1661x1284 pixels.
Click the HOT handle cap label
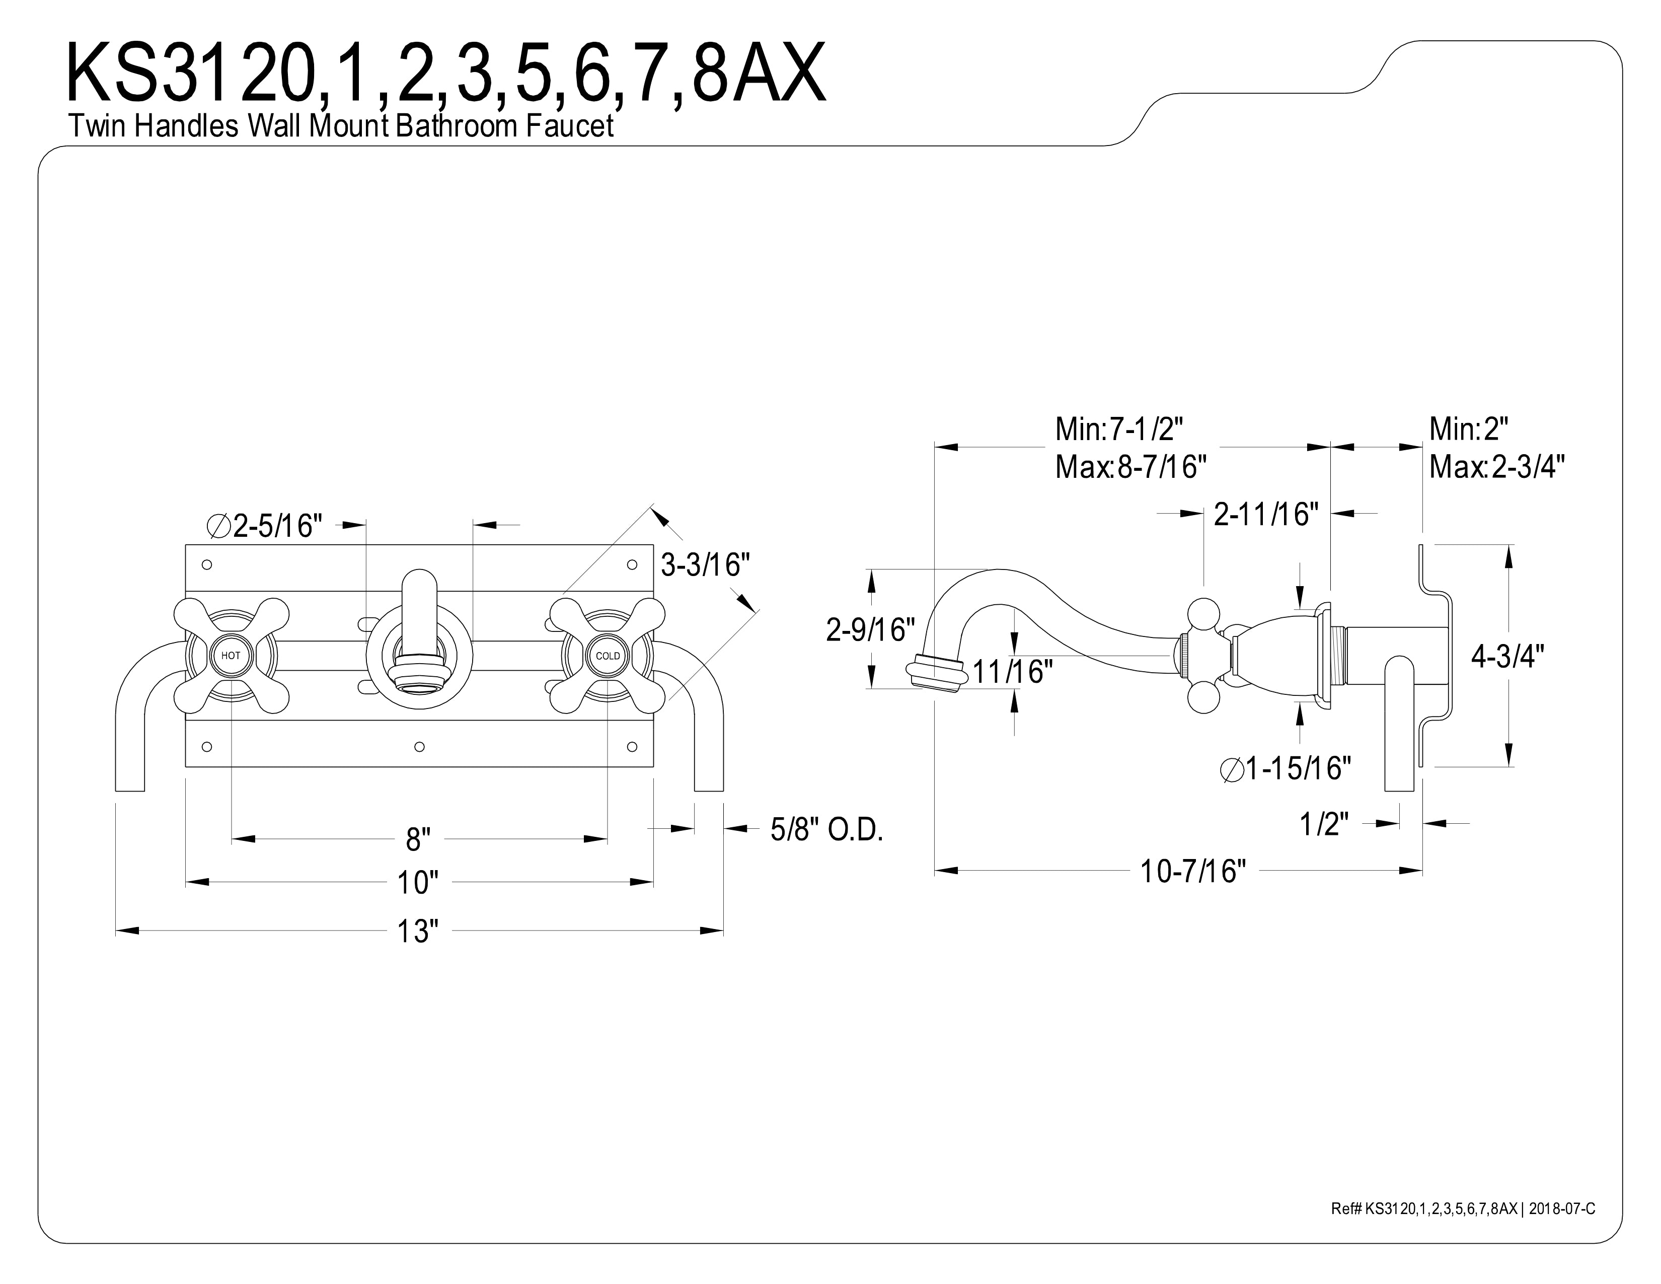[x=231, y=656]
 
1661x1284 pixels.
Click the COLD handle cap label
[x=608, y=656]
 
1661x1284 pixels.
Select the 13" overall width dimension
[x=418, y=932]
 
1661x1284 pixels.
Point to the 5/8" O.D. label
[x=826, y=829]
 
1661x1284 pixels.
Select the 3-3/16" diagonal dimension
[x=705, y=564]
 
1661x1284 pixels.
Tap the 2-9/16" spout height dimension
[x=870, y=630]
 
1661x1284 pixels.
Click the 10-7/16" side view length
[x=1192, y=872]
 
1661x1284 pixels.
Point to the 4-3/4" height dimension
[x=1507, y=656]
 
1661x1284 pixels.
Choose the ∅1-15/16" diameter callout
[x=1286, y=769]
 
